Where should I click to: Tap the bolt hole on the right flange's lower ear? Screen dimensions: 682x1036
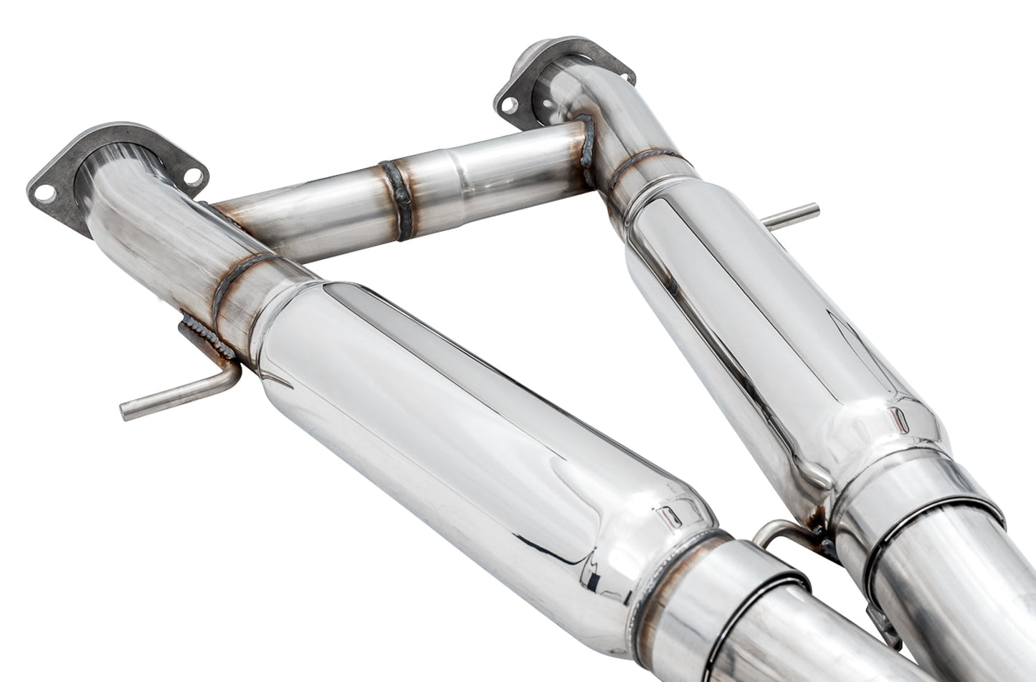508,105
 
